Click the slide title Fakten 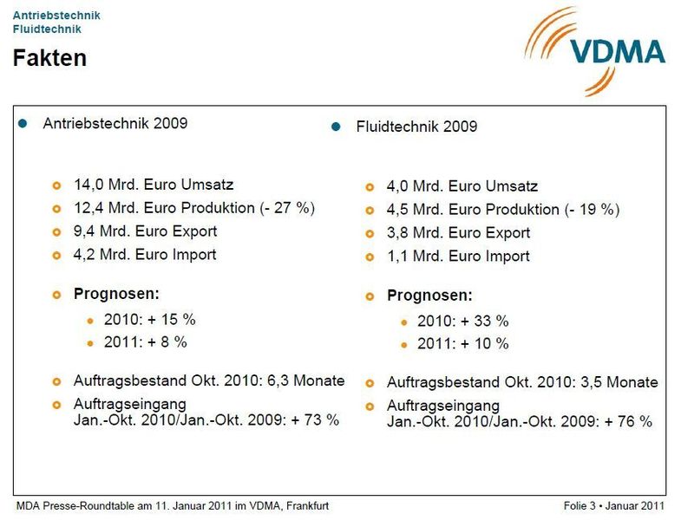(49, 58)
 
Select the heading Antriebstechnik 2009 (115, 124)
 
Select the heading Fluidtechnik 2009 (416, 127)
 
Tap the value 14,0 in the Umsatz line (89, 185)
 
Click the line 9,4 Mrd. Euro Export (145, 231)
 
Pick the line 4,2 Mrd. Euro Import (145, 255)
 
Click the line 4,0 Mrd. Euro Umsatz (462, 186)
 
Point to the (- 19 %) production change (592, 210)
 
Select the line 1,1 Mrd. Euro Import (457, 257)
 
